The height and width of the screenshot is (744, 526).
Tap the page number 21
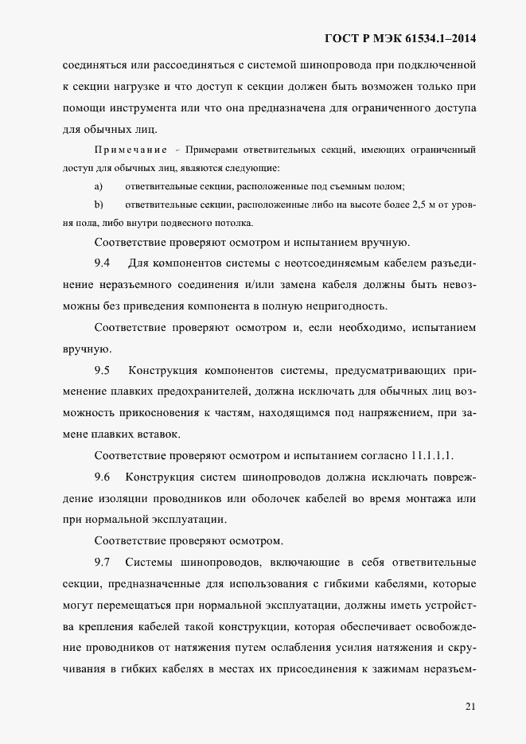(x=470, y=705)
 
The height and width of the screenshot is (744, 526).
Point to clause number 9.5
(x=103, y=370)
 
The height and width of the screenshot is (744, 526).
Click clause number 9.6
(x=103, y=477)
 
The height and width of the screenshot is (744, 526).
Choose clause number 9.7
(x=103, y=563)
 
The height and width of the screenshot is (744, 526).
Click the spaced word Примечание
(x=131, y=150)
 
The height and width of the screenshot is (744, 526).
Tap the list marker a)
(x=99, y=186)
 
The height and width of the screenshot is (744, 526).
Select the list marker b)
(x=99, y=205)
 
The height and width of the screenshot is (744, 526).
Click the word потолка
(x=232, y=223)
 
